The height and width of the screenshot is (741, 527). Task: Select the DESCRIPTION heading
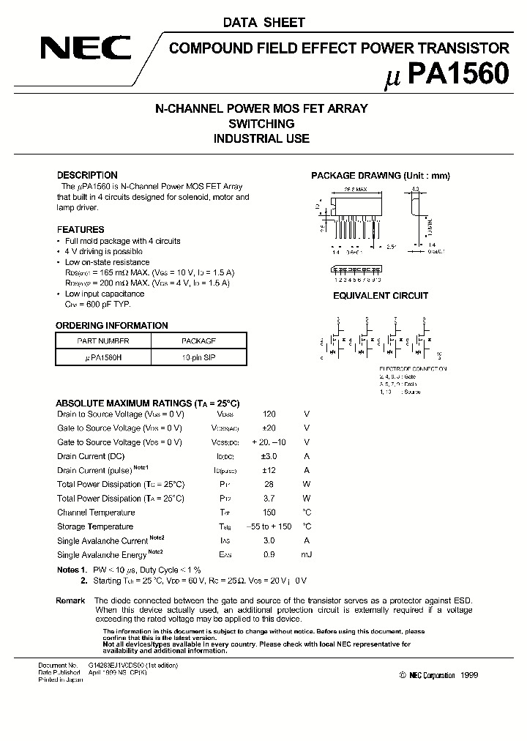tap(87, 176)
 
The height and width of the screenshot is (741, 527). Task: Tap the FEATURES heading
tap(81, 229)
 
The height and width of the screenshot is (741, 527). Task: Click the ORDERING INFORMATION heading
tap(112, 326)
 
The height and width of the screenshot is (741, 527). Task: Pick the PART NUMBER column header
tap(103, 341)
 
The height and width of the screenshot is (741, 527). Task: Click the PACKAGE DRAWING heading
tap(380, 176)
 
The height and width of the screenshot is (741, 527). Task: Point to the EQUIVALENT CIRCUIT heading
tap(381, 296)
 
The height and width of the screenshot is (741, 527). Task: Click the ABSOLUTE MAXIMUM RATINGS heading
tap(148, 403)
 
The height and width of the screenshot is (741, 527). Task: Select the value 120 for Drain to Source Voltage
tap(269, 414)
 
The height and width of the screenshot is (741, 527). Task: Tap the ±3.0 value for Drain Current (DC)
tap(269, 456)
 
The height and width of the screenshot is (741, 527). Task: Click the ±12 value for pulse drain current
tap(269, 470)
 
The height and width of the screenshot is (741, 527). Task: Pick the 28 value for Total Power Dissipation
tap(269, 485)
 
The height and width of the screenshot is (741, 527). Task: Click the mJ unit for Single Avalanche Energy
tap(307, 555)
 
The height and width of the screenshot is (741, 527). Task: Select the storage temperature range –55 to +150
tap(269, 526)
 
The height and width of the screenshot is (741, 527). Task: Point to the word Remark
tap(71, 600)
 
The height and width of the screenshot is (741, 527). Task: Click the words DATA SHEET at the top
tap(263, 23)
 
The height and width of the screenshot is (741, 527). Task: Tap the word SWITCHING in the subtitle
tap(261, 124)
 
